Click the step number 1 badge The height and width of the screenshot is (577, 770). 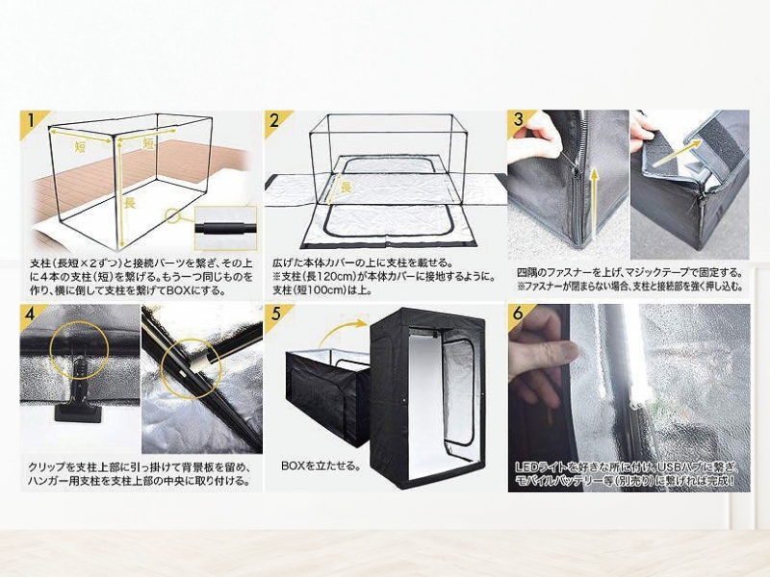point(31,121)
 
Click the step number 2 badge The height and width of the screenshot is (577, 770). point(275,121)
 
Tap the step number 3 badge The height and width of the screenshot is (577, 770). point(519,119)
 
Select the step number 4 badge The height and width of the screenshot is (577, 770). point(31,314)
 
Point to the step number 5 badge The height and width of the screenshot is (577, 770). point(275,314)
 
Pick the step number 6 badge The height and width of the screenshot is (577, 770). point(519,314)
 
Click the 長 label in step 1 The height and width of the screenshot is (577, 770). point(129,203)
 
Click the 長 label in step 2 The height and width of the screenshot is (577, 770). point(346,187)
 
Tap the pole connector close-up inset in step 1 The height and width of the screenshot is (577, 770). point(225,229)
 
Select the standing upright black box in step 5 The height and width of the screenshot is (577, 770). point(428,397)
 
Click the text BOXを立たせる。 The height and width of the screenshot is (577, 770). point(321,465)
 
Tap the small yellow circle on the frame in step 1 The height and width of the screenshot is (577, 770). point(172,214)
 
